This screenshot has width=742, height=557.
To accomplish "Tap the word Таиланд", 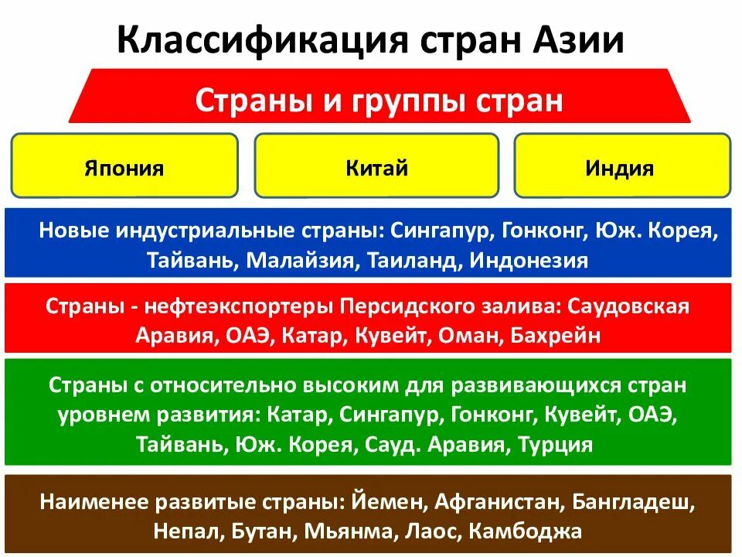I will (x=410, y=259).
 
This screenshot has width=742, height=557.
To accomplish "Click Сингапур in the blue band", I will (x=441, y=231).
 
